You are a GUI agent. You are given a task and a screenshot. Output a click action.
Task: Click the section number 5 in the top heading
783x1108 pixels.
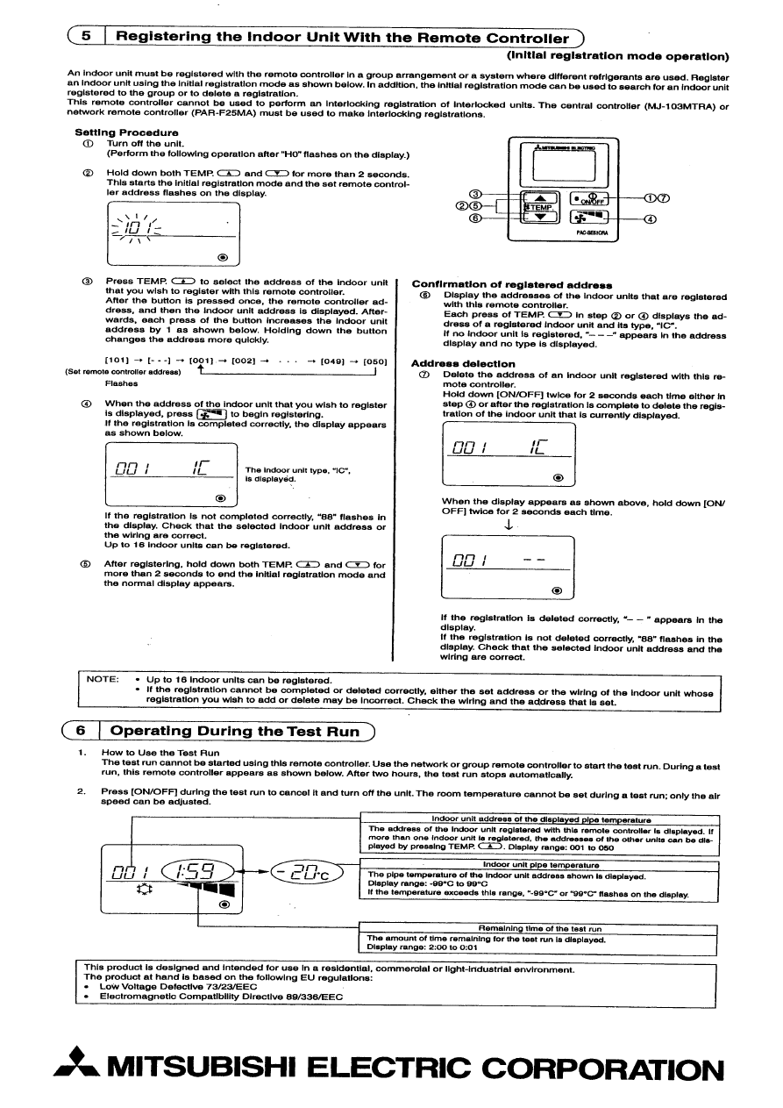click(85, 38)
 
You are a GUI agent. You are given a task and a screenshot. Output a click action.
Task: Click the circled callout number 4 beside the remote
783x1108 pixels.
click(651, 218)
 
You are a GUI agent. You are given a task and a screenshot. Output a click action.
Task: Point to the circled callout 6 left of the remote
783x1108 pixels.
click(475, 218)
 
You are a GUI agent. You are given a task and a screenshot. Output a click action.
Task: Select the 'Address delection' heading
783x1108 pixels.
click(463, 363)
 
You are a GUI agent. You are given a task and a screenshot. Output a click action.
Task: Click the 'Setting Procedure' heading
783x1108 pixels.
click(114, 132)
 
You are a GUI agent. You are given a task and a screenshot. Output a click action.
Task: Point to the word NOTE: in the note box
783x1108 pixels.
click(103, 679)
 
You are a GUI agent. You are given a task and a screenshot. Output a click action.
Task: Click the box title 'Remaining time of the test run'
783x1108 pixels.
click(539, 928)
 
